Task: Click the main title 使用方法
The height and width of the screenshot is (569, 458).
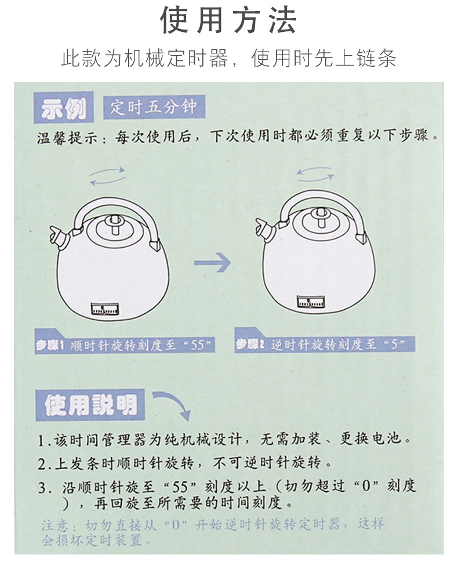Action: click(229, 20)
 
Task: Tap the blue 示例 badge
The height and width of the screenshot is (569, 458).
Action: click(63, 107)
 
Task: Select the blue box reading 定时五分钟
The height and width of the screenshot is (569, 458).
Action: click(154, 107)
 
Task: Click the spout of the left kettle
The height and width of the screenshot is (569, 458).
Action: click(58, 236)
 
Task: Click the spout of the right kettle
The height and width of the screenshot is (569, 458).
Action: click(264, 229)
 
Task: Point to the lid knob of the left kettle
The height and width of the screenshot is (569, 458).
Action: click(115, 224)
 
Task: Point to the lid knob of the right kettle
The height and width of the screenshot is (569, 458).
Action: click(321, 217)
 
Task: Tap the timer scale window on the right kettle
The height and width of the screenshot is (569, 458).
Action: click(310, 302)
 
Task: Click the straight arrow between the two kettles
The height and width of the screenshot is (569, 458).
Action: click(212, 262)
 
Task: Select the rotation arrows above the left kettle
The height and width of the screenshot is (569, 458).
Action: click(107, 176)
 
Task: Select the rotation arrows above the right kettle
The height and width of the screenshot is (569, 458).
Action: click(315, 174)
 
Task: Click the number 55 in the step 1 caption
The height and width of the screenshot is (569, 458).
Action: click(198, 345)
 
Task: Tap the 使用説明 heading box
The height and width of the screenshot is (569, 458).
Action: click(90, 405)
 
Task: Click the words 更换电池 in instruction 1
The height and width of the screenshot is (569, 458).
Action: click(370, 438)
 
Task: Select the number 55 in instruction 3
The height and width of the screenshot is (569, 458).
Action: click(180, 486)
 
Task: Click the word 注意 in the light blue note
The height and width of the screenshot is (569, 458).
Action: click(54, 525)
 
